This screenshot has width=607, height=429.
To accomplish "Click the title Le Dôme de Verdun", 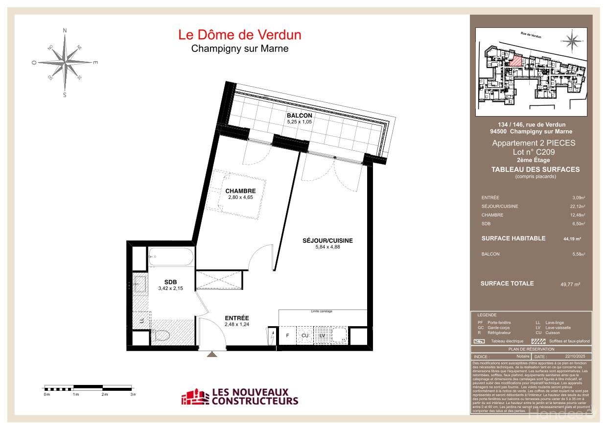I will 239,35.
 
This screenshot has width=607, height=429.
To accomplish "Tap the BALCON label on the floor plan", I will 299,116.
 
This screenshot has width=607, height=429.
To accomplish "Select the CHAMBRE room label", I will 240,191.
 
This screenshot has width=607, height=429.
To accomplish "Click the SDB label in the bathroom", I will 170,282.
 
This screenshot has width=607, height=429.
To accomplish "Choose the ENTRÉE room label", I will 237,318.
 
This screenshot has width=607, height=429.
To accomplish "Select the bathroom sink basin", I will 140,284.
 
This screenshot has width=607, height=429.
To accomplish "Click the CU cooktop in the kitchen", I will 305,335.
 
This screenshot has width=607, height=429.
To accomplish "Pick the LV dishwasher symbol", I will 322,335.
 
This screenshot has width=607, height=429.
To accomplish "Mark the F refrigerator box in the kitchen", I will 287,335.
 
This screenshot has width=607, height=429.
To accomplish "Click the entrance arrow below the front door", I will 211,354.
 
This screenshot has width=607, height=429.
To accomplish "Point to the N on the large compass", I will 65,30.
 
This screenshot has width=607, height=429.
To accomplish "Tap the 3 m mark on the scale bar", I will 133,394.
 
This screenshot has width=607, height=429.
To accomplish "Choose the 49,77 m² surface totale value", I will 570,284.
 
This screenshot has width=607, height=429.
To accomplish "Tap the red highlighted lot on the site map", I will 515,61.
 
